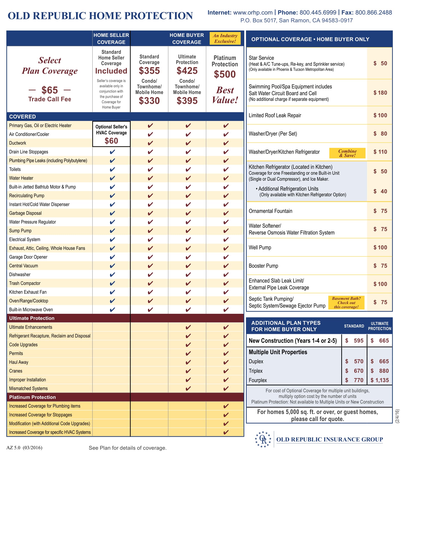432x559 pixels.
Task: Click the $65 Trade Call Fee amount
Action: [50, 90]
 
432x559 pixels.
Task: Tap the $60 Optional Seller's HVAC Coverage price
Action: [111, 141]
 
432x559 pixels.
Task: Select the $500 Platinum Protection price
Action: [225, 74]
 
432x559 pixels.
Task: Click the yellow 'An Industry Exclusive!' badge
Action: [225, 38]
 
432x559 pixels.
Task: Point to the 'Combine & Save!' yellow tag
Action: [347, 153]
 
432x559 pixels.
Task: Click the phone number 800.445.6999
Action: [318, 12]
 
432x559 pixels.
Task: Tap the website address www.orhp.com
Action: [253, 12]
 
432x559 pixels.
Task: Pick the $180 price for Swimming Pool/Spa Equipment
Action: [380, 93]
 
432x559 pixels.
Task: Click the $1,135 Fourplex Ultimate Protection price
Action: [380, 380]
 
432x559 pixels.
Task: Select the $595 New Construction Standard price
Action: [354, 340]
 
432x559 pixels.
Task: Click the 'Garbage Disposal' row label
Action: [25, 213]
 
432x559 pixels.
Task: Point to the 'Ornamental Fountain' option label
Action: [271, 211]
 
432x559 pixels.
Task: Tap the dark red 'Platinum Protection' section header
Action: [33, 397]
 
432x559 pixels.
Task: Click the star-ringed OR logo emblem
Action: [263, 439]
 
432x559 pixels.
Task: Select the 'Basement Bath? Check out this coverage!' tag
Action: [346, 303]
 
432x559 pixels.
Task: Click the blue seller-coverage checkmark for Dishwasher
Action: [112, 275]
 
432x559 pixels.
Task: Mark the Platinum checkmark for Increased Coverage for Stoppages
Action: [226, 415]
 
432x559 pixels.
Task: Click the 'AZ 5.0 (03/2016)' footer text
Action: [24, 448]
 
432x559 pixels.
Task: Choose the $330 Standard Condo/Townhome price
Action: [149, 101]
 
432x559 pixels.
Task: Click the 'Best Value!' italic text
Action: [225, 95]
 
